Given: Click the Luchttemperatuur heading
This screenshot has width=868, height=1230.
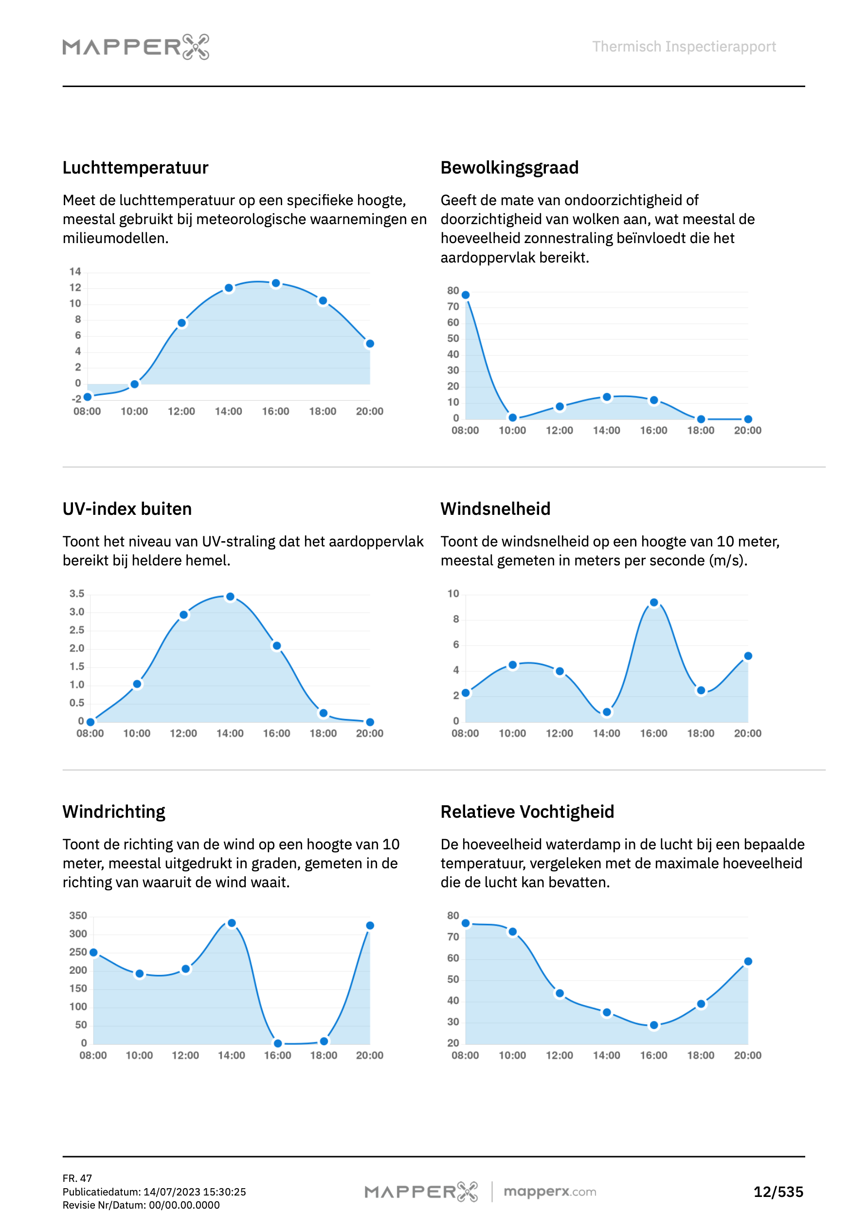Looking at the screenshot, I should click(135, 168).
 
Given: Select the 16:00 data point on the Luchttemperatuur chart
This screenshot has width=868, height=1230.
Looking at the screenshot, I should click(275, 283).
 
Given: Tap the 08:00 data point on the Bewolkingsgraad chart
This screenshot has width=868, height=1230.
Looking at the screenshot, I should click(465, 295).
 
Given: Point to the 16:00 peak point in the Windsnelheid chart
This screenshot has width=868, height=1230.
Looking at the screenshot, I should click(653, 603).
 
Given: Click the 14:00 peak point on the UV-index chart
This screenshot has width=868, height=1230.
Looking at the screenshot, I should click(230, 597).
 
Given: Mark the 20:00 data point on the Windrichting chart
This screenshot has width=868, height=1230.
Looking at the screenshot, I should click(370, 926).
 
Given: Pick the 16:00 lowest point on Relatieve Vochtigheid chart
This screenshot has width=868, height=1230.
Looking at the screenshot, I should click(653, 1025).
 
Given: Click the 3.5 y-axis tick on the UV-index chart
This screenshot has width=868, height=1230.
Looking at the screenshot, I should click(77, 594).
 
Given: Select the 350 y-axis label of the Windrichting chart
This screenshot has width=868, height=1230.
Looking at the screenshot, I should click(78, 915).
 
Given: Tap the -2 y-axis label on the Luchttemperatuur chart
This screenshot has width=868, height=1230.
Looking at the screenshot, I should click(77, 399).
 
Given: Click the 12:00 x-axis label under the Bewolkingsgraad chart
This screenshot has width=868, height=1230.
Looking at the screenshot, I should click(559, 430).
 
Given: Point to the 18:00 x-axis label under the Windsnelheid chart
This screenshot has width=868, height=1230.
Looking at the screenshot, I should click(700, 734).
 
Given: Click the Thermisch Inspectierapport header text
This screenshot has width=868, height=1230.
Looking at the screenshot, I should click(684, 47).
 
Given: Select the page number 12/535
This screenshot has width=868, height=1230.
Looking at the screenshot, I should click(778, 1192).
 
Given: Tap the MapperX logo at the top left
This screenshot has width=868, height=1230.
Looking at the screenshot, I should click(136, 47).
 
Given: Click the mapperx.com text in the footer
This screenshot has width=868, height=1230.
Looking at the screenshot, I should click(549, 1192).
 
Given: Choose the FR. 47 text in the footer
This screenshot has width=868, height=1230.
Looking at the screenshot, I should click(77, 1178).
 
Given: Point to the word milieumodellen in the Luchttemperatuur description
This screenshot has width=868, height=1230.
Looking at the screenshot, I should click(115, 238).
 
